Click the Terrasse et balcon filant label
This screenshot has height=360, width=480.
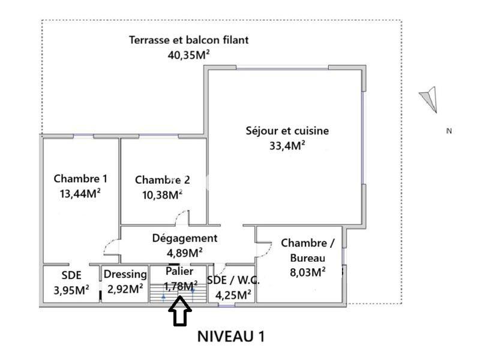pos(189,40)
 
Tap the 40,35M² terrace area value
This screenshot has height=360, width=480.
pos(189,55)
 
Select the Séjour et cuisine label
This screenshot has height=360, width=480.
pos(287,131)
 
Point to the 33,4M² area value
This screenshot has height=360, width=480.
pos(287,145)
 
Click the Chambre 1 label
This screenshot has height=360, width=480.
pos(80,178)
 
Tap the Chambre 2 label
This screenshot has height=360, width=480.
pos(162,179)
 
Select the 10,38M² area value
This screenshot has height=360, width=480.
pos(159,194)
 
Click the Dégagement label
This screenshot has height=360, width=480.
pos(184,238)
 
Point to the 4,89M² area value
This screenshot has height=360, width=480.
pos(184,251)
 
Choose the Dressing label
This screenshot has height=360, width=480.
pos(125,274)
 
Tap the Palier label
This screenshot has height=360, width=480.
pos(179,271)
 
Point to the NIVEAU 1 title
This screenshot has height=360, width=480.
pos(231,336)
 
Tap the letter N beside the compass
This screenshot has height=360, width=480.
pos(448,131)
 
